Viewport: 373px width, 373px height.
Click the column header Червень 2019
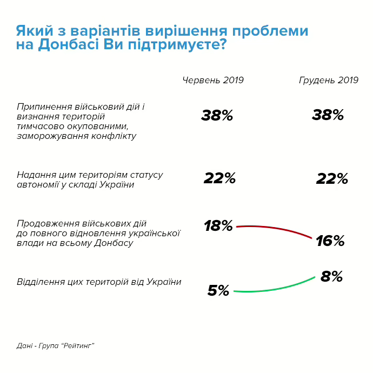click(213, 80)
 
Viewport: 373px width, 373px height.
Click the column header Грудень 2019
click(329, 80)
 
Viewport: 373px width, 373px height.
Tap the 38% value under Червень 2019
click(217, 115)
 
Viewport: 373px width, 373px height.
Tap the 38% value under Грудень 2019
click(328, 115)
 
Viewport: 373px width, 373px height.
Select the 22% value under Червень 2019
click(219, 178)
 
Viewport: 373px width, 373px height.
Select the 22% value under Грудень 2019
click(331, 179)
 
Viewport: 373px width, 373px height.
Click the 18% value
click(218, 226)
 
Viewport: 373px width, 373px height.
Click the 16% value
click(330, 241)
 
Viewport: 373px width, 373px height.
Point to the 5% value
click(218, 291)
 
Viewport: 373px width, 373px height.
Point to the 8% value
click(332, 277)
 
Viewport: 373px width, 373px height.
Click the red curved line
click(273, 227)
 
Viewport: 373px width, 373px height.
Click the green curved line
click(273, 290)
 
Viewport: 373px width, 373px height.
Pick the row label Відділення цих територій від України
click(99, 282)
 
